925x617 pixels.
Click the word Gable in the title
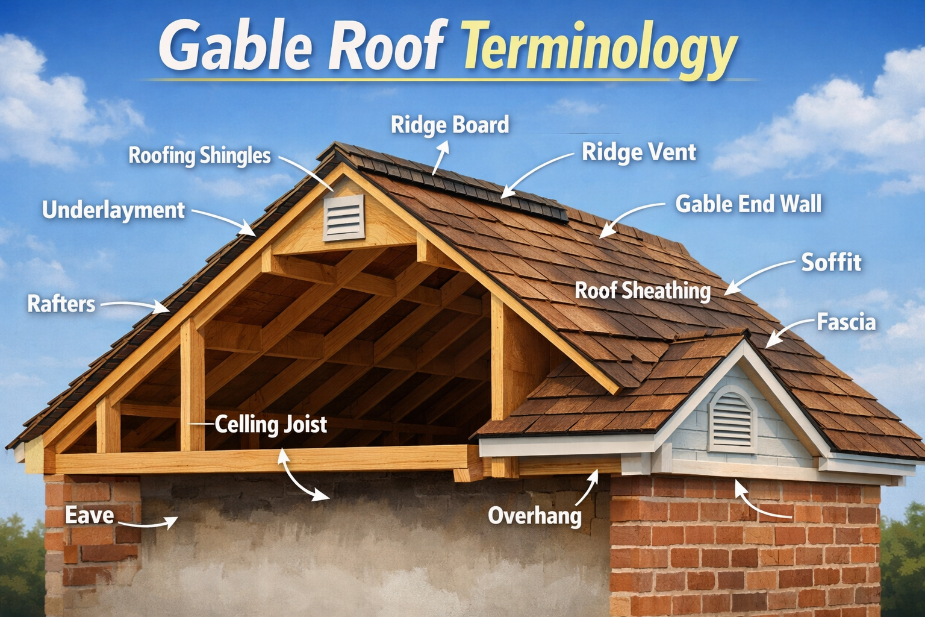(x=235, y=48)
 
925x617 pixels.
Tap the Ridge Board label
(x=450, y=125)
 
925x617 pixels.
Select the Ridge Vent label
(x=639, y=152)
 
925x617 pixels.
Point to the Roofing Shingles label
(x=200, y=155)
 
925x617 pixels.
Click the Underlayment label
(x=113, y=210)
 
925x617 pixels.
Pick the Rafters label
(x=61, y=304)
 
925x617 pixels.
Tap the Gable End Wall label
(x=749, y=204)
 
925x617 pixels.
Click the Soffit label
(x=831, y=263)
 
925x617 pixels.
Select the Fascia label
(x=846, y=322)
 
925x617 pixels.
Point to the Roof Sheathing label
(x=643, y=291)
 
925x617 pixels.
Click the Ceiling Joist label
(x=271, y=425)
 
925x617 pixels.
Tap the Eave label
(x=90, y=515)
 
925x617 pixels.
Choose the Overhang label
(x=535, y=516)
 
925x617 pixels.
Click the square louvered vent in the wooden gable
(x=344, y=217)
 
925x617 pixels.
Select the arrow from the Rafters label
(x=135, y=305)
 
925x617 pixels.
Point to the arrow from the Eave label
(x=148, y=523)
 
